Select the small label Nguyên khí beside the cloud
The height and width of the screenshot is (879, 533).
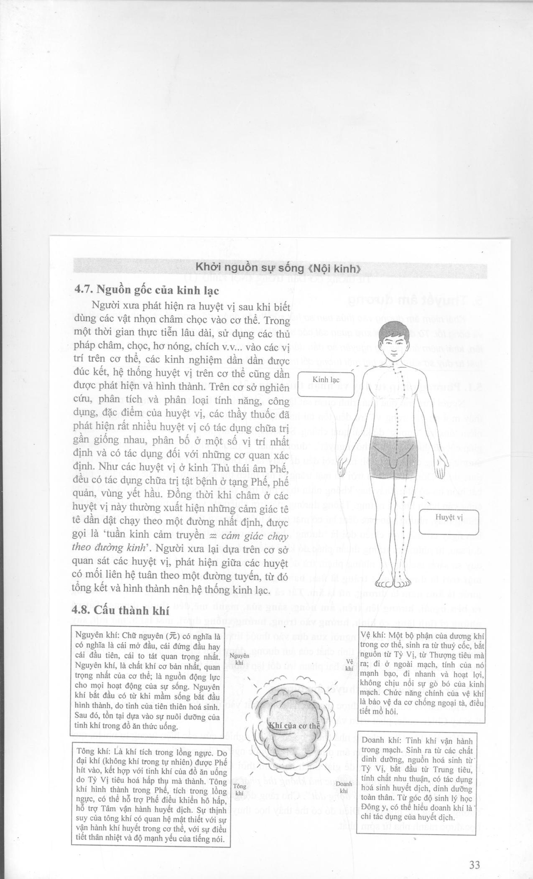tap(240, 659)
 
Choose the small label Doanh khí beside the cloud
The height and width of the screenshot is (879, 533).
tap(344, 786)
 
